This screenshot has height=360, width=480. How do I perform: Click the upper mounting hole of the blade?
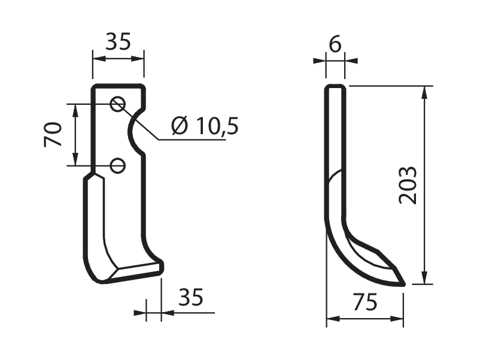point(117,104)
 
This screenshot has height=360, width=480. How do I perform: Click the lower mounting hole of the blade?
point(117,165)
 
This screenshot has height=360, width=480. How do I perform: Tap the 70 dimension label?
point(53,135)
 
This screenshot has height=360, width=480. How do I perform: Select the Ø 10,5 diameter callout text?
point(205,126)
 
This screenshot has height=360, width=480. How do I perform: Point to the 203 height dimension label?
point(408,185)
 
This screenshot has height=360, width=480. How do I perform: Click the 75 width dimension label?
point(365,302)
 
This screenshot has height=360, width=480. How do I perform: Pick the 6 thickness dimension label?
point(335,44)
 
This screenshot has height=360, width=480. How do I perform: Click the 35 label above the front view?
point(118,41)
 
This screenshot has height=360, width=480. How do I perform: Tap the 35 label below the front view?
point(191,297)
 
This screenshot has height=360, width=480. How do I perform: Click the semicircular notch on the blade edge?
point(130,132)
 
